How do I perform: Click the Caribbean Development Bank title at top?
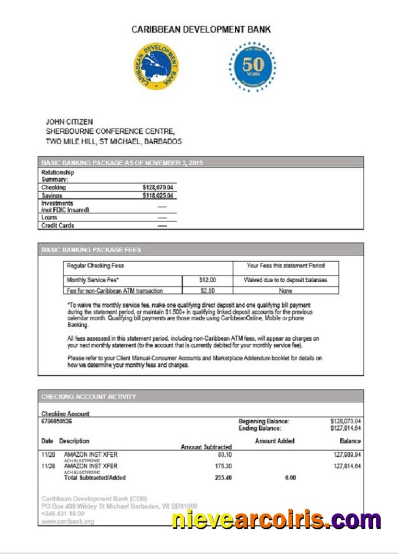pos(201,29)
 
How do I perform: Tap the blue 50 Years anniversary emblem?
pos(252,66)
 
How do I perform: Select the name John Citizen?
pos(69,122)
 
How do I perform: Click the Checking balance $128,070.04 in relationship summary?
pos(158,188)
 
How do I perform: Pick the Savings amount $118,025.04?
pos(158,196)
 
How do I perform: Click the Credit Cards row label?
pos(58,226)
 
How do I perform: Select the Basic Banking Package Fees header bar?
pos(201,249)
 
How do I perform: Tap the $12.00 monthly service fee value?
pos(207,280)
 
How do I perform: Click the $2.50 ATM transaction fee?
pos(207,290)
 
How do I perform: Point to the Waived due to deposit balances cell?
pos(285,280)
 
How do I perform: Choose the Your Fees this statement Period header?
pos(285,266)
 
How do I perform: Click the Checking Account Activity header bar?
pos(201,396)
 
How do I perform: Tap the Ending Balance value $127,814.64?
pos(345,428)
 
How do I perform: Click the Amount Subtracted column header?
pos(206,446)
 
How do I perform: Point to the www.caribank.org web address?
pos(67,522)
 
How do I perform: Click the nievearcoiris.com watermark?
pos(276,519)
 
